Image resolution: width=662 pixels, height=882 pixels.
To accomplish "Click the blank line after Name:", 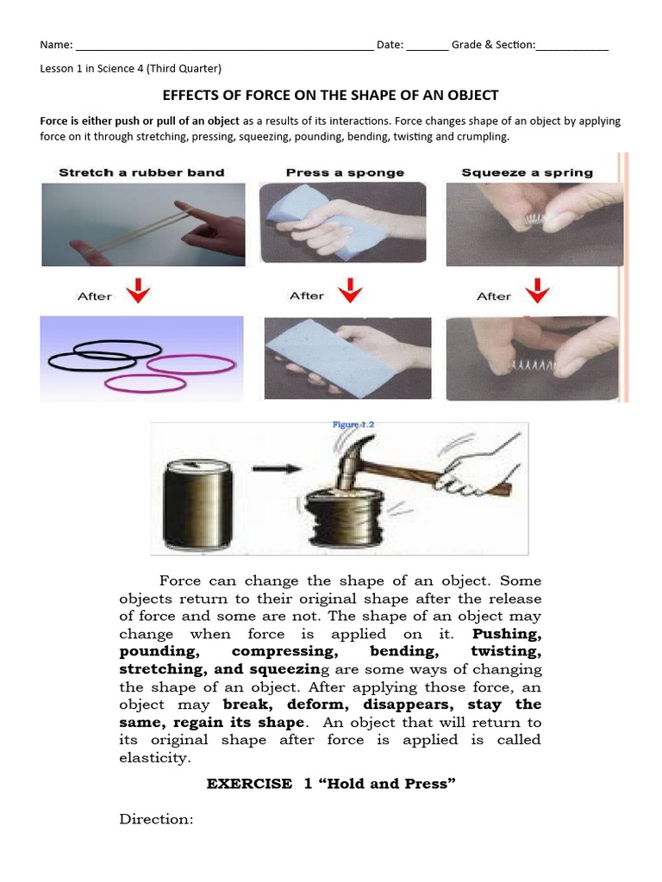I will (x=224, y=47).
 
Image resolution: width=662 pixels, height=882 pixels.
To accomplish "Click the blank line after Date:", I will (x=427, y=47).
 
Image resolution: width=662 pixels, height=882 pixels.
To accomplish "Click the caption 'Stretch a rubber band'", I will (x=141, y=172).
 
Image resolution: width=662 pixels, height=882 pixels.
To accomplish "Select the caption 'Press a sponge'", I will (x=344, y=172).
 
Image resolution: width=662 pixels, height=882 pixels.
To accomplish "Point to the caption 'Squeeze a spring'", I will (x=527, y=172).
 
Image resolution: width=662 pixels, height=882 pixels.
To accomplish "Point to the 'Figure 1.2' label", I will (x=353, y=425).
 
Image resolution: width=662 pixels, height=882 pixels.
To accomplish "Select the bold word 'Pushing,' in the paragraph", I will (x=508, y=634).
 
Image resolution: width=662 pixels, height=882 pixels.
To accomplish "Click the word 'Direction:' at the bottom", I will (x=157, y=819).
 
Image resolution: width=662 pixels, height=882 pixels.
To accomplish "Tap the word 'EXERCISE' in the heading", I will (x=249, y=784).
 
